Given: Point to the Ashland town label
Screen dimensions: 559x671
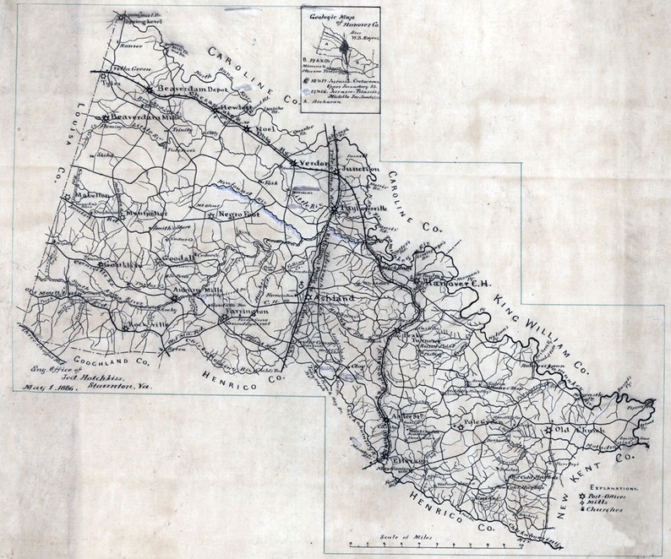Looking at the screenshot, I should click(x=330, y=300).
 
